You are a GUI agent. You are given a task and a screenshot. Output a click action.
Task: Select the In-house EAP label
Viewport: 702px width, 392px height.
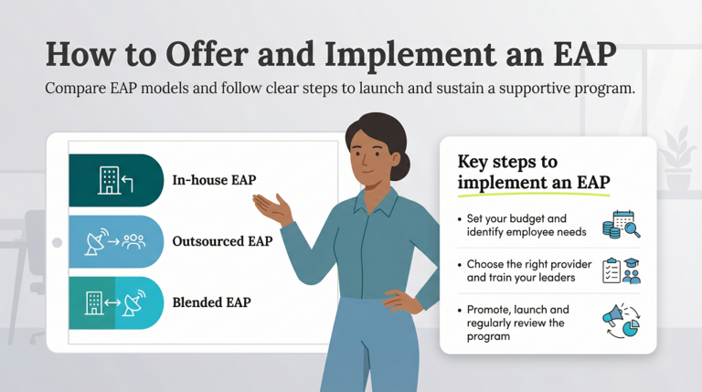coord(214,180)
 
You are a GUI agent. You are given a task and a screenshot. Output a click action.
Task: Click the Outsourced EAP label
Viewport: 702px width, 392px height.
coord(222,241)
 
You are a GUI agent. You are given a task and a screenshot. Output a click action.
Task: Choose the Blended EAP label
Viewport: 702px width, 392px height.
coord(211,302)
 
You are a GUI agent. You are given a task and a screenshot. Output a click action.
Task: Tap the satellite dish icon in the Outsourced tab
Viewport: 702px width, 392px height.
coord(95,242)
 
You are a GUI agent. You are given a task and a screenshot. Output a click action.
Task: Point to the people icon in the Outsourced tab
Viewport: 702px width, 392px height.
coord(134,242)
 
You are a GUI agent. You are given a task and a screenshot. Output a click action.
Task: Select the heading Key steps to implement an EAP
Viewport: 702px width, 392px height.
coord(533,172)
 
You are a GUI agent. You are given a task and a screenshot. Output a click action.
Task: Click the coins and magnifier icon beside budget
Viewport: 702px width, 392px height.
coord(619,225)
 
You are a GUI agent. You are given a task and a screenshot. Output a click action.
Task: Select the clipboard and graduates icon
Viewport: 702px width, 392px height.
coord(621,271)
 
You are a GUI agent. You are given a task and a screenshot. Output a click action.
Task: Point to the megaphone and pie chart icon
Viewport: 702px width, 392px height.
coord(620,323)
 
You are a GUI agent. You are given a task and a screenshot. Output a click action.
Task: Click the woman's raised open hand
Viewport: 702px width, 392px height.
coord(272,207)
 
